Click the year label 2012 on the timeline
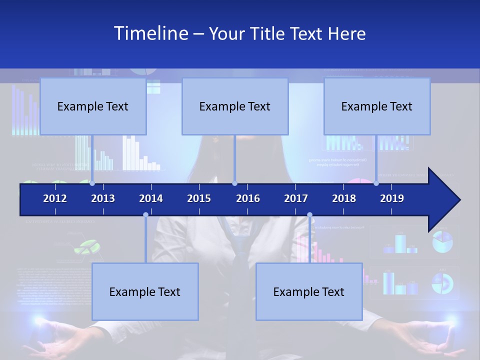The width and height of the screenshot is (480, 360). coord(55,198)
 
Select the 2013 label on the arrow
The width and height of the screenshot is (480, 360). coord(103,198)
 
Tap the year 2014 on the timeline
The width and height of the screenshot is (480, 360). coord(151,198)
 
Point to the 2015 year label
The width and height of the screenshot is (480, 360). coord(199,198)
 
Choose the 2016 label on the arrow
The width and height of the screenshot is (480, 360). coord(248,198)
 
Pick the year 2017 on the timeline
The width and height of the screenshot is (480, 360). coord(296,198)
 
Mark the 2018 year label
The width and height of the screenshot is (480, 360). coord(344,198)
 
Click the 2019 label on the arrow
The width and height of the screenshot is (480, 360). coord(392,198)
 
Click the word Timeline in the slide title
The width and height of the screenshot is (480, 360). coord(150,33)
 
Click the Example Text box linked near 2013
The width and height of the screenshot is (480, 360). coord(93,106)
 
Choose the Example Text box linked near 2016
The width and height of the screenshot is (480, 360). coord(235,106)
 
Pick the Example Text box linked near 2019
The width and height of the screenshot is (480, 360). coord(377,106)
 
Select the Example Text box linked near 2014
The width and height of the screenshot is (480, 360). coord(145,291)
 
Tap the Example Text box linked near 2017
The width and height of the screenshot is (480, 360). coord(309,291)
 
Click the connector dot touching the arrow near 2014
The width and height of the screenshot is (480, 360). coord(145,215)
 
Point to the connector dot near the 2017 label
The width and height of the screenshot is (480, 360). coord(309,215)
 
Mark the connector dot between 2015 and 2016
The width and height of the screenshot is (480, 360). coord(234,183)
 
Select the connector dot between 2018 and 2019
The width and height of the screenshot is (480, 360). coord(376,183)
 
